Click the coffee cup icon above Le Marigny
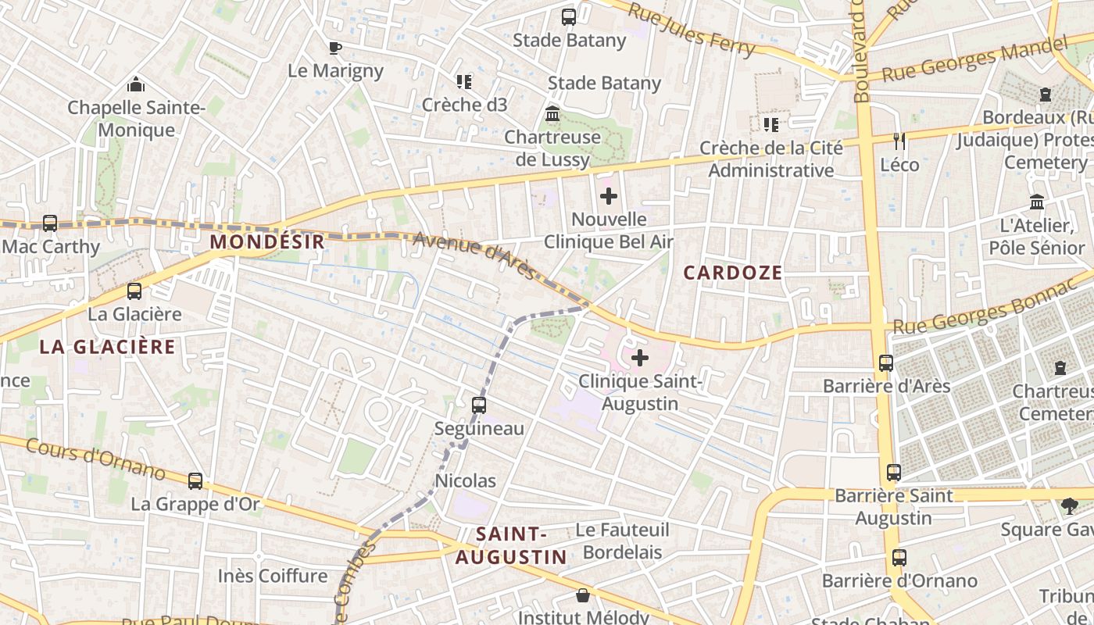(x=335, y=48)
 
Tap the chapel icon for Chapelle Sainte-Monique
(x=136, y=84)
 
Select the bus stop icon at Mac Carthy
(x=50, y=223)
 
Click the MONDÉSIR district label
(x=266, y=241)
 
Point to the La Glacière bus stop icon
(x=134, y=291)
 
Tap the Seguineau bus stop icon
(x=479, y=405)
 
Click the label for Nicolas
(x=465, y=480)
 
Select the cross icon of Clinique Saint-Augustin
(x=640, y=359)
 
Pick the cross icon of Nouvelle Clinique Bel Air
(x=609, y=196)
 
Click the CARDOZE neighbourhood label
(x=732, y=272)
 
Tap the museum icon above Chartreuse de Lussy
(x=552, y=114)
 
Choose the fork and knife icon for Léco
(x=899, y=141)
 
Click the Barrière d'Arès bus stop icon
(x=886, y=363)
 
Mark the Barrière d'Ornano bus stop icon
(x=899, y=558)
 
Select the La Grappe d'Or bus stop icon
(x=195, y=481)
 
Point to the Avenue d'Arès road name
(x=474, y=255)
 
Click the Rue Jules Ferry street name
(x=692, y=31)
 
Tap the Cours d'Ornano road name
(x=95, y=459)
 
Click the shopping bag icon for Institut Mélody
(x=583, y=596)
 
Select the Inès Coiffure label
(x=273, y=576)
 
